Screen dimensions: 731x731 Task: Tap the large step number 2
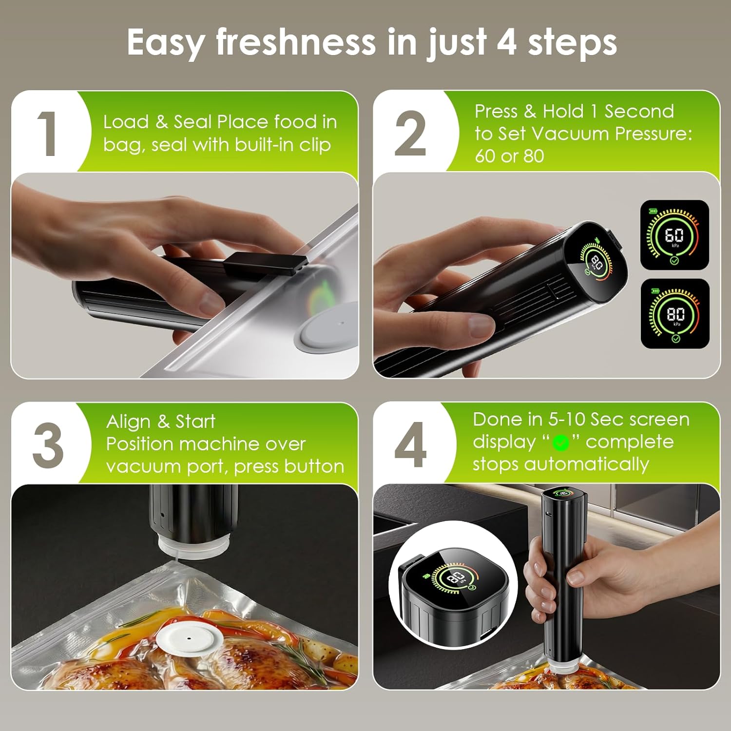410,133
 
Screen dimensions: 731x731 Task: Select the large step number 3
48,445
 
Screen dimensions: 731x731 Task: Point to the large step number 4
410,445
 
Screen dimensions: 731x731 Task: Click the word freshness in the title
296,43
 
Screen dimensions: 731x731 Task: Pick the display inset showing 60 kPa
674,235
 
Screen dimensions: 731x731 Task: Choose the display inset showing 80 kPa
675,313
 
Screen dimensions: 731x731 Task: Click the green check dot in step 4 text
561,442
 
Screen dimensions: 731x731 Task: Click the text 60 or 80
509,156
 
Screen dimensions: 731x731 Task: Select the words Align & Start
161,422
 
